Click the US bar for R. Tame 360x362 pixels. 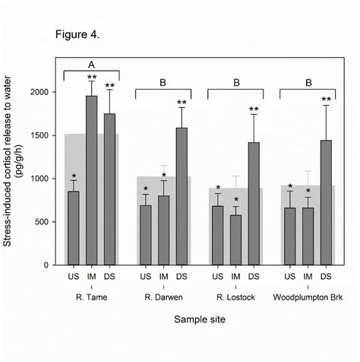74,227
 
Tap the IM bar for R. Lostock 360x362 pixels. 236,240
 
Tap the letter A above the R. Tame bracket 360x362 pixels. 92,65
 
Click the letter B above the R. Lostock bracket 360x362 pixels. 236,81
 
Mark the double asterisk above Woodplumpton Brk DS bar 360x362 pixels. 327,100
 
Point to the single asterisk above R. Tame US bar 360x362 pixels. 74,177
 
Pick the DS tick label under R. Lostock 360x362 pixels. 254,277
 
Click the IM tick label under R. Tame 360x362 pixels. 92,277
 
